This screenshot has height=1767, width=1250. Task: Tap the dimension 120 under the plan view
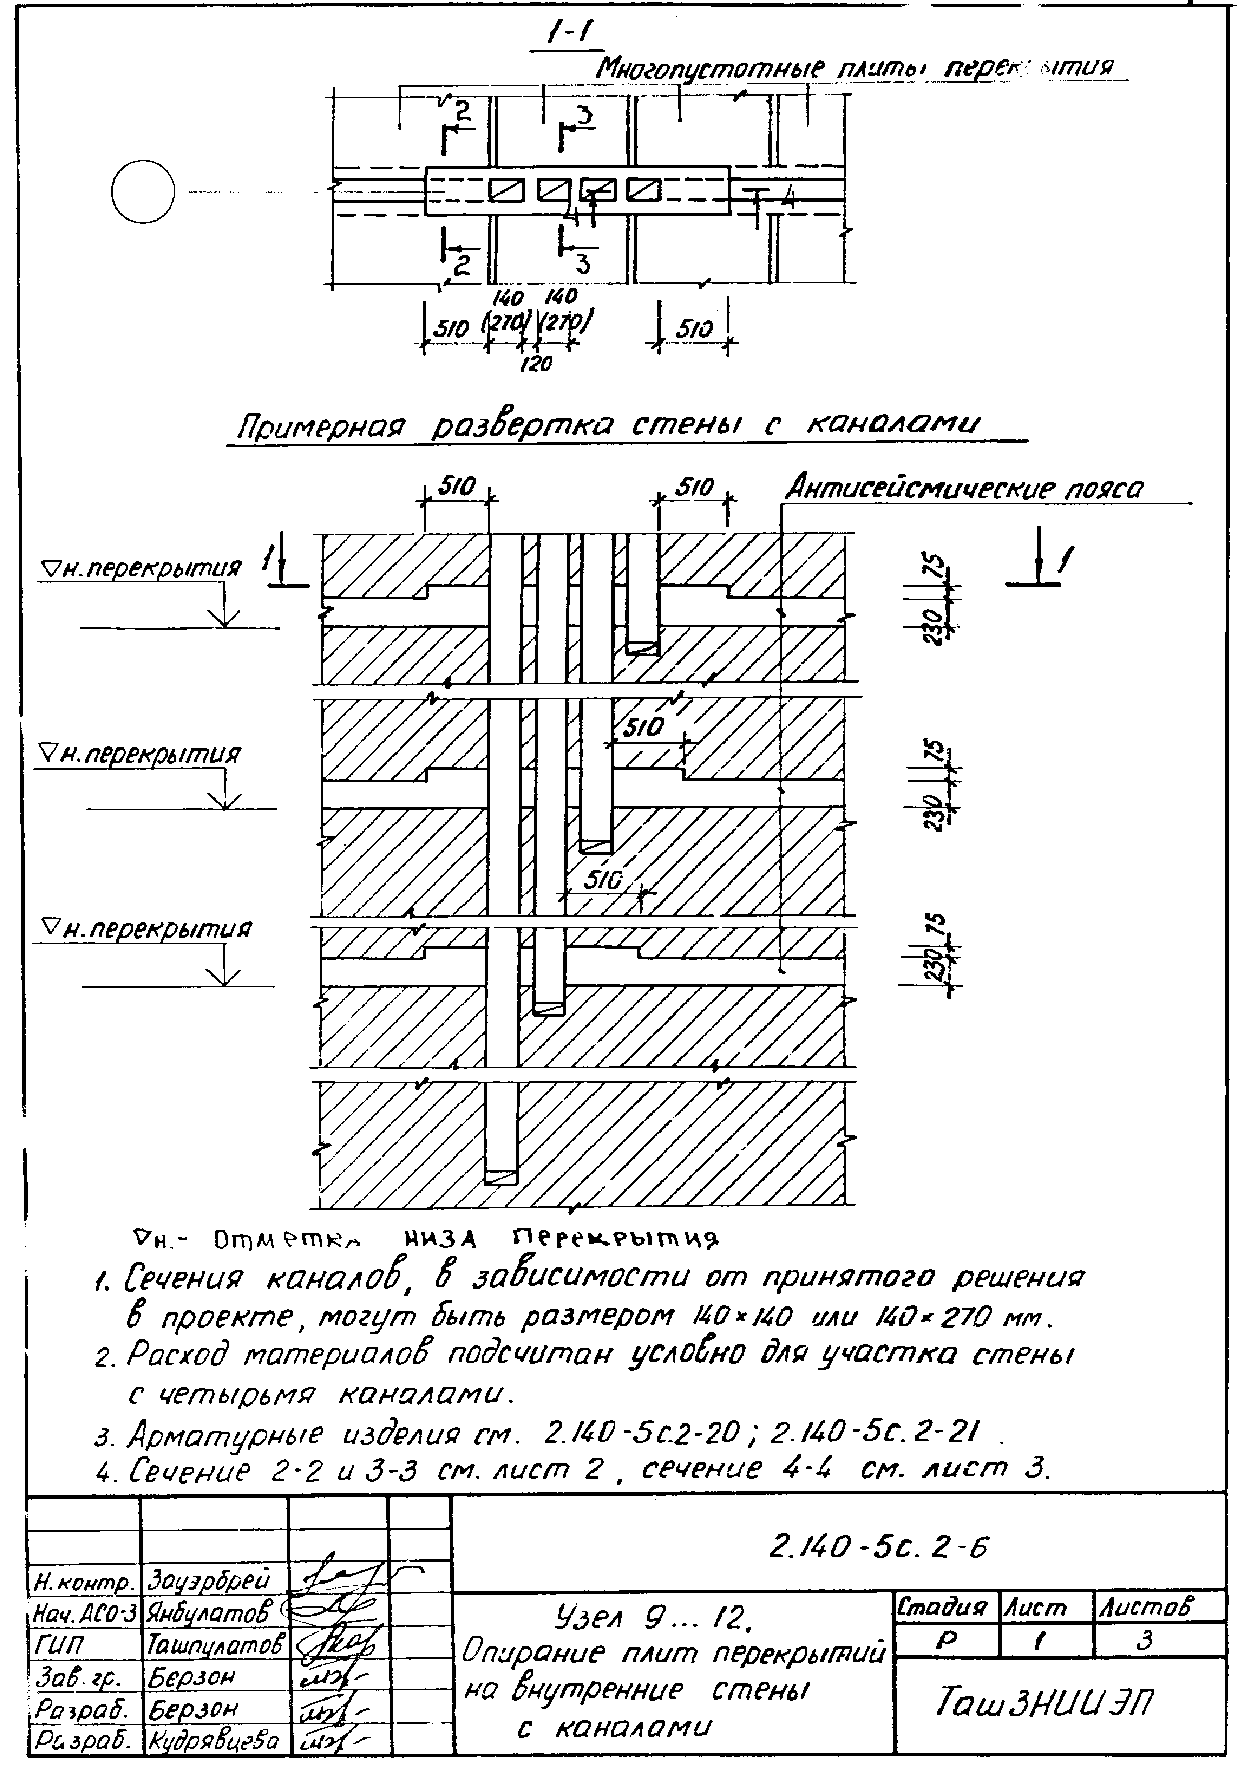click(536, 363)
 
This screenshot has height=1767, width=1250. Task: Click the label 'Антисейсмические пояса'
click(964, 489)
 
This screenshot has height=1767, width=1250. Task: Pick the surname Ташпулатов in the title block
click(216, 1645)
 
